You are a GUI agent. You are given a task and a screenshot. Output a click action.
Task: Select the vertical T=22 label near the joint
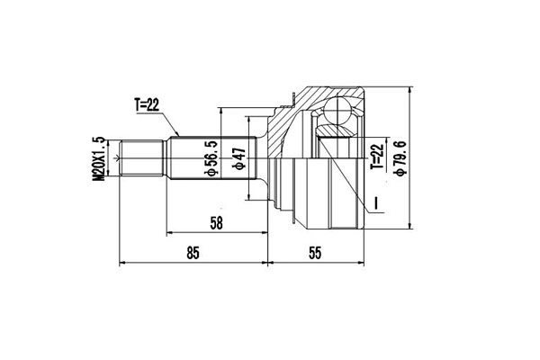coord(376,155)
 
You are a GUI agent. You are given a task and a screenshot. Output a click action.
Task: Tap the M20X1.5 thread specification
coord(99,159)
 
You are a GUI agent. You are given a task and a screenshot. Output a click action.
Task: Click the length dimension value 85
coord(192,254)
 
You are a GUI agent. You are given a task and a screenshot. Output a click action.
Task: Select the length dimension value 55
coord(315,254)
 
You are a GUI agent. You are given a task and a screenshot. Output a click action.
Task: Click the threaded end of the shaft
coord(141,159)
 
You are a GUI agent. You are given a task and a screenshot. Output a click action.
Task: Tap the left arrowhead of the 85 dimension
coord(124,265)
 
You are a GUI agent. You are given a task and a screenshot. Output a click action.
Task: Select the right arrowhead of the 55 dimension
coord(363,265)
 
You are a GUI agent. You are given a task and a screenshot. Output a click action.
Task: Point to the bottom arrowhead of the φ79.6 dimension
coord(410,227)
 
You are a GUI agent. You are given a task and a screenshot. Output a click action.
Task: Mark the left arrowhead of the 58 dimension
coord(169,232)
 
